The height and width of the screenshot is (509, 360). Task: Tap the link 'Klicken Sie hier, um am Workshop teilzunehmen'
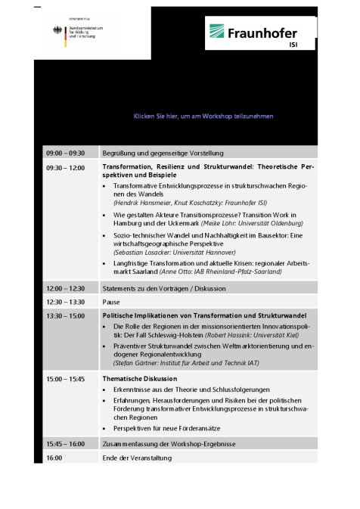click(203, 116)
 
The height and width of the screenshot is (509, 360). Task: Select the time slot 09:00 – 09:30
click(65, 153)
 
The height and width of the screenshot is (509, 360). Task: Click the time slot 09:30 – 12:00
click(65, 166)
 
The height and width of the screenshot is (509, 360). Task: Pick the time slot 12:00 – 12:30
click(65, 288)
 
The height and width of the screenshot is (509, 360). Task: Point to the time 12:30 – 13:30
click(65, 302)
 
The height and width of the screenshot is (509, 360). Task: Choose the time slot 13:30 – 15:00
click(65, 315)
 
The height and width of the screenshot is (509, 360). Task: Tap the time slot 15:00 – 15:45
click(65, 378)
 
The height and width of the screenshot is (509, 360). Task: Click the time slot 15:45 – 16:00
click(65, 443)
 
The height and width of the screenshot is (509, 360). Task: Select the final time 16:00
click(54, 458)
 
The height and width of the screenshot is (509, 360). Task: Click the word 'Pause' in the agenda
click(111, 302)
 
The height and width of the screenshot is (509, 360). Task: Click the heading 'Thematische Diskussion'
click(140, 378)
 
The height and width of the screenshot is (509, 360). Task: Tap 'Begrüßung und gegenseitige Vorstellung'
click(163, 153)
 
